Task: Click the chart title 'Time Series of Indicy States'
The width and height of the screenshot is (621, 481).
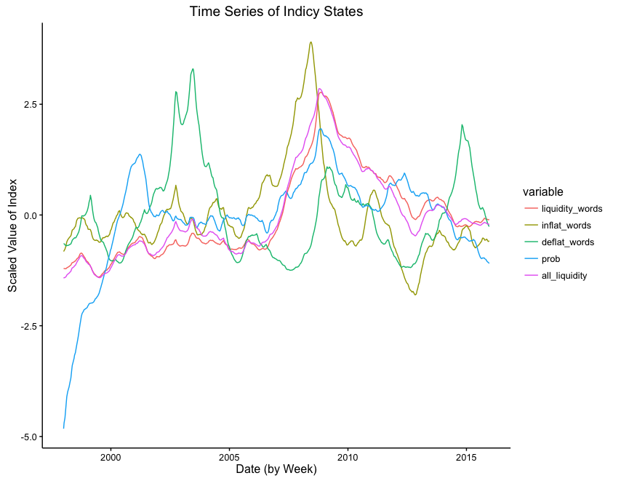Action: pyautogui.click(x=276, y=12)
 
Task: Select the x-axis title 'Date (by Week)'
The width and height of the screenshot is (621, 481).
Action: pyautogui.click(x=276, y=469)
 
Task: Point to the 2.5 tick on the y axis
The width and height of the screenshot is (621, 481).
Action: pyautogui.click(x=30, y=104)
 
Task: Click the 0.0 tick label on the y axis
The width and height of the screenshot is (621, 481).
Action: pyautogui.click(x=30, y=215)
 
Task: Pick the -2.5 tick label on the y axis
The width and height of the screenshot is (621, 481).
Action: pyautogui.click(x=28, y=326)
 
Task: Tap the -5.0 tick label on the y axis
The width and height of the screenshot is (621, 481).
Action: pyautogui.click(x=28, y=437)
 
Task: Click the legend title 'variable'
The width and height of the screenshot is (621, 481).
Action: pyautogui.click(x=542, y=192)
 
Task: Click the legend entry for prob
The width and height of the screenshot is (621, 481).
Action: pyautogui.click(x=551, y=259)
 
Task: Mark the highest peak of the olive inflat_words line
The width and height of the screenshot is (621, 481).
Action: pyautogui.click(x=310, y=41)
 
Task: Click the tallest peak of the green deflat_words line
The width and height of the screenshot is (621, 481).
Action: pyautogui.click(x=193, y=69)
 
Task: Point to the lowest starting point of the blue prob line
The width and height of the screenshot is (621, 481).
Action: pyautogui.click(x=64, y=428)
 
